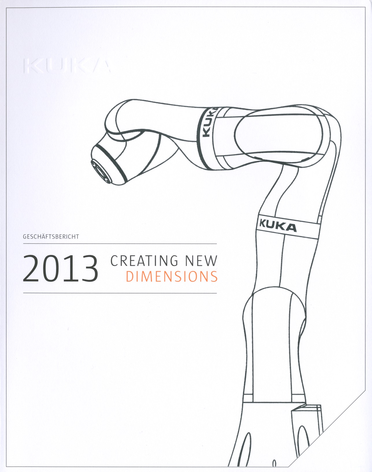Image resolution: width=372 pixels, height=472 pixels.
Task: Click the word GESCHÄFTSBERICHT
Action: click(51, 237)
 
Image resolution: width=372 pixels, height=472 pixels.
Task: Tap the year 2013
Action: click(60, 268)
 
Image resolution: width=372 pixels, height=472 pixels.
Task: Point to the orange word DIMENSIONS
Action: click(171, 277)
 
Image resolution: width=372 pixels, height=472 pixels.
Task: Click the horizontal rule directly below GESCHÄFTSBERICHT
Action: click(120, 244)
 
